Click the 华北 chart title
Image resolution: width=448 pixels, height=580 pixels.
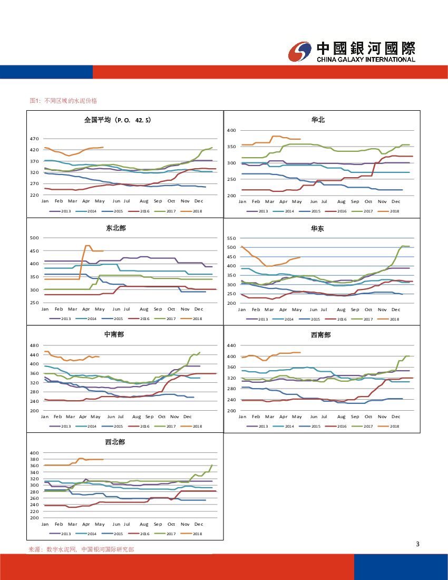tap(318, 120)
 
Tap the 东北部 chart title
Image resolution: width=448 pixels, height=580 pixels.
tap(116, 228)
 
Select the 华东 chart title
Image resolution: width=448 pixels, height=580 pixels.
tap(318, 228)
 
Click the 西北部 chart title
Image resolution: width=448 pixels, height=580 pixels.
tap(115, 442)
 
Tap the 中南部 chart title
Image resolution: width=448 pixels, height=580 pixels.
tap(114, 335)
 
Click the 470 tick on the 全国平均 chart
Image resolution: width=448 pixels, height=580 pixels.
tap(34, 139)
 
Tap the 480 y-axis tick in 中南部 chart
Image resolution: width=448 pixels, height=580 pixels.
tap(34, 345)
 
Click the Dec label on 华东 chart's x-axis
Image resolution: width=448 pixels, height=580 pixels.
tap(396, 309)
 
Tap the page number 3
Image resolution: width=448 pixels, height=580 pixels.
tap(417, 544)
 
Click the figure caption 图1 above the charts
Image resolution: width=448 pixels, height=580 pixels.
tap(64, 100)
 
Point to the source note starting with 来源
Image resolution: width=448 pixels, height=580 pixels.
tap(81, 549)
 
